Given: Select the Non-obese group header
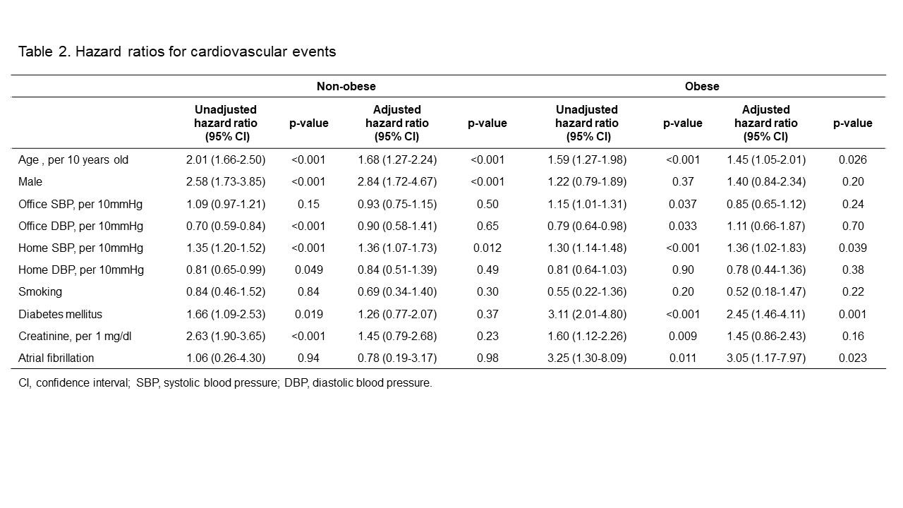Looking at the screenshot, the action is tap(346, 86).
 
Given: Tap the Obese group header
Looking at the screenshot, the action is tap(702, 86).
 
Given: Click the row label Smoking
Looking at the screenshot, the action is tap(40, 292).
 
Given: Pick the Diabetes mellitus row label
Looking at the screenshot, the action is tap(61, 314).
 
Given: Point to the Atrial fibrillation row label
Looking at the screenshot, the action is tap(56, 358).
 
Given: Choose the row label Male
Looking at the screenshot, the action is tap(30, 182).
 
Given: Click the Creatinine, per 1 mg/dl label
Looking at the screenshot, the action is tap(75, 337).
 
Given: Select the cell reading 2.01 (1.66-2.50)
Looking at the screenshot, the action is tap(226, 160).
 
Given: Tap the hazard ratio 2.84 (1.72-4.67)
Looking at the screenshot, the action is tap(397, 182).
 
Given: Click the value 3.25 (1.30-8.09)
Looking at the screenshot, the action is tap(587, 358).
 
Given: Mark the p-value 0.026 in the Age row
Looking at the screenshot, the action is tap(853, 160).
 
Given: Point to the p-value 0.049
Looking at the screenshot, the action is tap(309, 270).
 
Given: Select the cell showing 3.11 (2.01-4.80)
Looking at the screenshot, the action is tap(587, 314).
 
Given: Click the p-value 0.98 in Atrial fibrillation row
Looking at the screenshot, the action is tap(487, 358).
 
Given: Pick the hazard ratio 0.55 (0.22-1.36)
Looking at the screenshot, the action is tap(587, 292).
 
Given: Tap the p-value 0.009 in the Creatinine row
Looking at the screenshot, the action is tap(683, 337).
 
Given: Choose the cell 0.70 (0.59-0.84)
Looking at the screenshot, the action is tap(226, 226).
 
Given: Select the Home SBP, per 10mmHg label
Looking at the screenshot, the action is tap(80, 248).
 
